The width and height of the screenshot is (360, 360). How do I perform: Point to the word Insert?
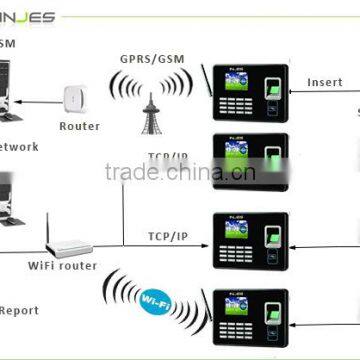324,82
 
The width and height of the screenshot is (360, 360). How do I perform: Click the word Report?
20,310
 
